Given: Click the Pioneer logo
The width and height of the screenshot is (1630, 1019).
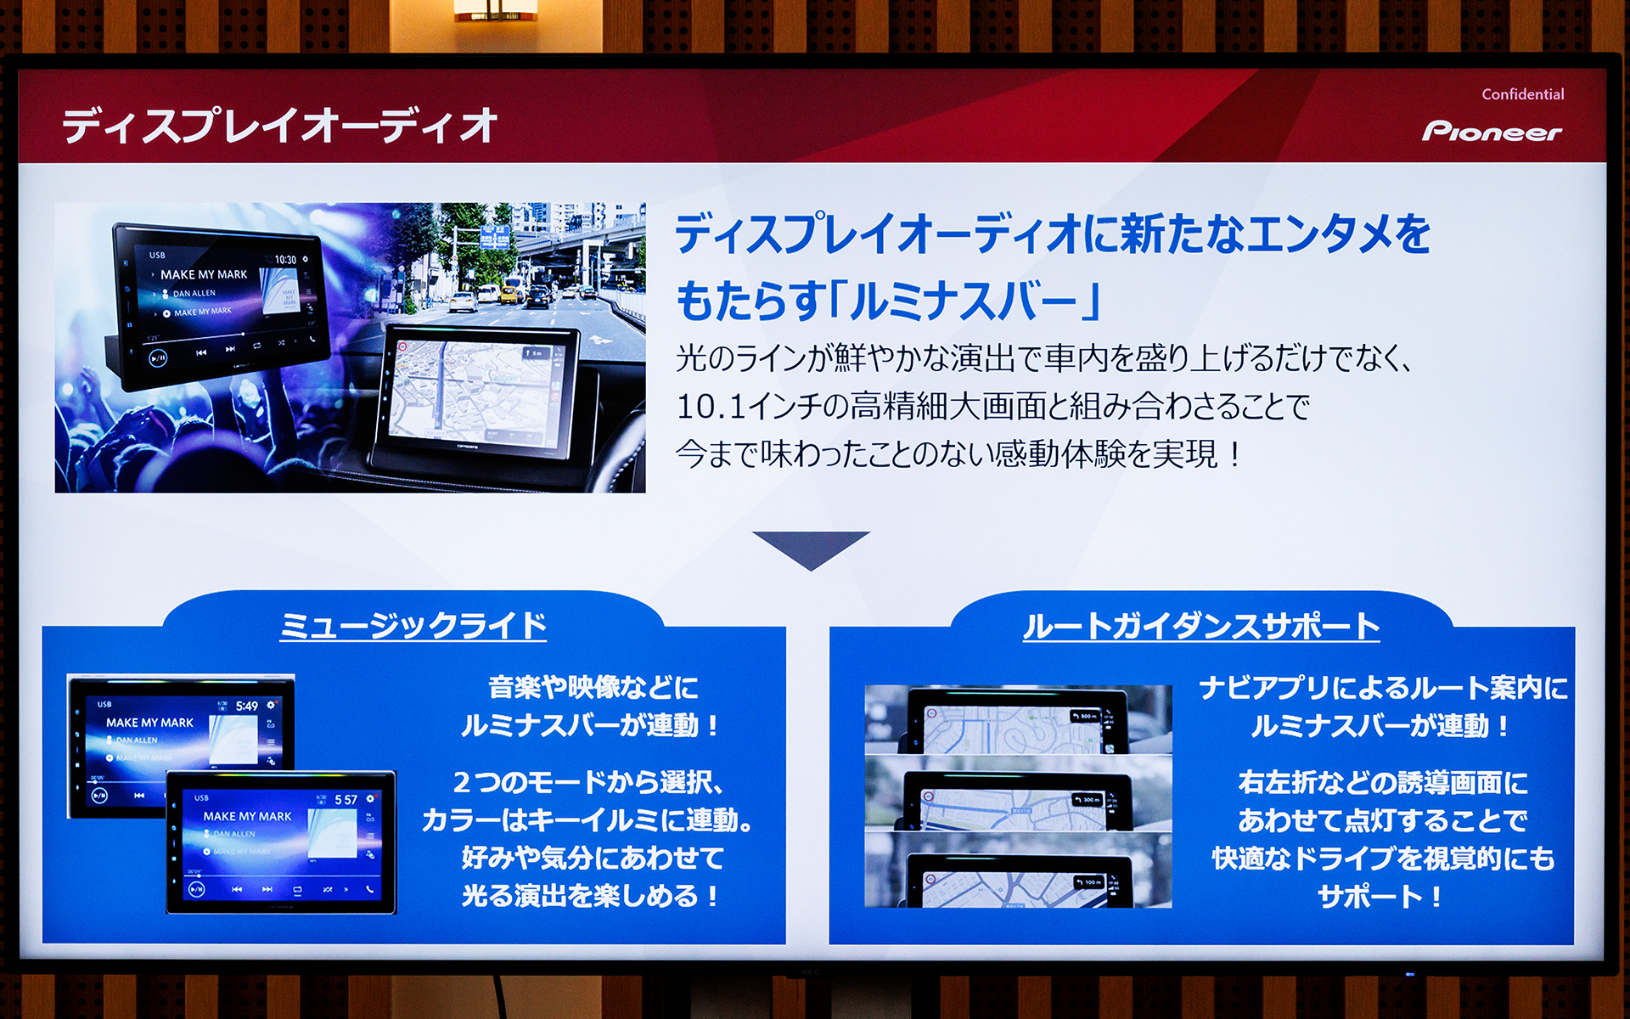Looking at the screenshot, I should click(1492, 132).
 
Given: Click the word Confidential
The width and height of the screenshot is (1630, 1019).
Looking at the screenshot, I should click(1522, 94).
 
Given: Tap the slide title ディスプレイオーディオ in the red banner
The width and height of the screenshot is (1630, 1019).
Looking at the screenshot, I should click(279, 126).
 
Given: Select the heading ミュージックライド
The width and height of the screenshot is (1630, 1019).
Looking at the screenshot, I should click(413, 626).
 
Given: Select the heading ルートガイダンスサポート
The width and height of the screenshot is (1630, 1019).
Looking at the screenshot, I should click(1200, 626).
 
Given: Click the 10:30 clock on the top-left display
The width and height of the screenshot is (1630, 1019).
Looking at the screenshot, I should click(285, 260).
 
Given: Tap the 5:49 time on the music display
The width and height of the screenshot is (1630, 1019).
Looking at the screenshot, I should click(247, 706).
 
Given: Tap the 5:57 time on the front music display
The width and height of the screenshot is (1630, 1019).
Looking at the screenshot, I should click(346, 800).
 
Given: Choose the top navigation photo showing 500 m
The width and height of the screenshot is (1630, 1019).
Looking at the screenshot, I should click(1018, 720).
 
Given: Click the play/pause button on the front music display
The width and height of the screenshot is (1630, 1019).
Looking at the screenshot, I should click(196, 889).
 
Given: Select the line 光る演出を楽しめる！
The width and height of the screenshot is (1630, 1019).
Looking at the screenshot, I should click(592, 896).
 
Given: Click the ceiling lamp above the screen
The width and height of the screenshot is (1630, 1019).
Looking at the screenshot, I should click(495, 10).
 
